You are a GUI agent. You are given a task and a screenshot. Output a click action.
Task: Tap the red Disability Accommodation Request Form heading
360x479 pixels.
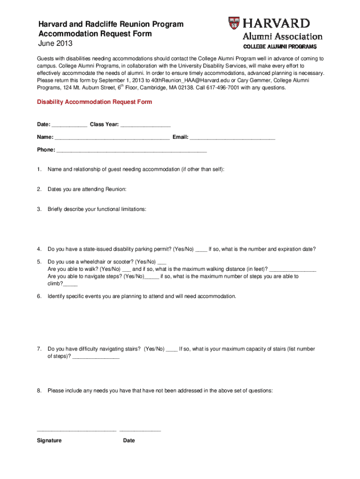[x=94, y=102]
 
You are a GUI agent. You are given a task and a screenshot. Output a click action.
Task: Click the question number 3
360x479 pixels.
[x=40, y=209]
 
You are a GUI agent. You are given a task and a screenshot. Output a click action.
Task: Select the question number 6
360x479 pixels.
[x=40, y=296]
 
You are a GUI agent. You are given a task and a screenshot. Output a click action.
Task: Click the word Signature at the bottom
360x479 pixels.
[x=49, y=441]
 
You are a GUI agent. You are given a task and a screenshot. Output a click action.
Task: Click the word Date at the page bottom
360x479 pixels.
[x=129, y=441]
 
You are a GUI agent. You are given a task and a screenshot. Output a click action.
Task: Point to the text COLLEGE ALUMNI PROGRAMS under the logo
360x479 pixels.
[x=280, y=47]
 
